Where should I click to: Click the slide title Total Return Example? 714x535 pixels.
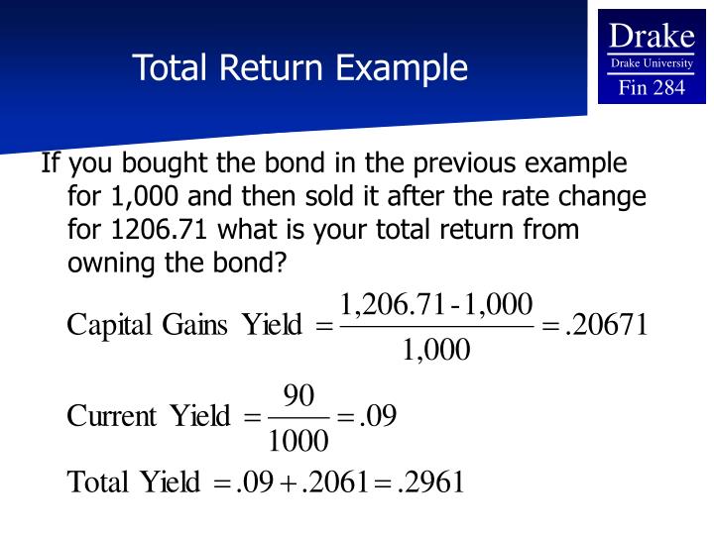300,67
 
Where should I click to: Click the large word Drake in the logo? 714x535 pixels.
651,37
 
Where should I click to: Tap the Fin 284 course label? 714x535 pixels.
651,88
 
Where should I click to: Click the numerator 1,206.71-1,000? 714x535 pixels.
436,302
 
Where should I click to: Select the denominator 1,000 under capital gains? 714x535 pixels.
436,351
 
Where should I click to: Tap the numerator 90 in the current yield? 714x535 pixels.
298,396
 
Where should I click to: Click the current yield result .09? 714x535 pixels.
378,417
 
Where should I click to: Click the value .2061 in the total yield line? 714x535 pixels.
332,482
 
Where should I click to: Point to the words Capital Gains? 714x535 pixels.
150,326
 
